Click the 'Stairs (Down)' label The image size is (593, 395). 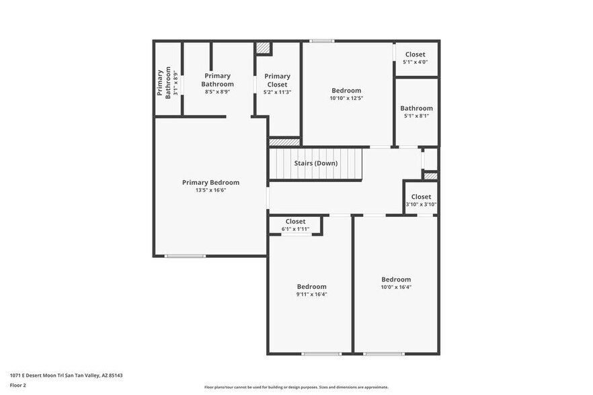click(315, 163)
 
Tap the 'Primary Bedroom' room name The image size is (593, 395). click(210, 183)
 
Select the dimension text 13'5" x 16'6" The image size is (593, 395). click(210, 191)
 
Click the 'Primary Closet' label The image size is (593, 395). click(277, 81)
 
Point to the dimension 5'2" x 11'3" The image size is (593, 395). click(277, 92)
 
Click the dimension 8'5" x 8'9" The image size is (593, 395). click(217, 92)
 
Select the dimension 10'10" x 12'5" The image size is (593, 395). click(346, 98)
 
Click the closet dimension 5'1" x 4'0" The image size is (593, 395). click(415, 62)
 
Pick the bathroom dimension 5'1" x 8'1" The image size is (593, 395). click(416, 116)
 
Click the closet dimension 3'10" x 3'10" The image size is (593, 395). click(421, 205)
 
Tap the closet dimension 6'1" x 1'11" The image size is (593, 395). click(295, 229)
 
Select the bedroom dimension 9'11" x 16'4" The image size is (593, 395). click(311, 294)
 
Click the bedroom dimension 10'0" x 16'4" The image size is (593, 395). click(396, 287)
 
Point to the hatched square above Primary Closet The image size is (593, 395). click(263, 48)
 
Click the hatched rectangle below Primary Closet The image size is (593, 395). click(284, 142)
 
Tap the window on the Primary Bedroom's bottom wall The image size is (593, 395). click(185, 255)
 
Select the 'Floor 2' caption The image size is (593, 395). click(18, 385)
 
